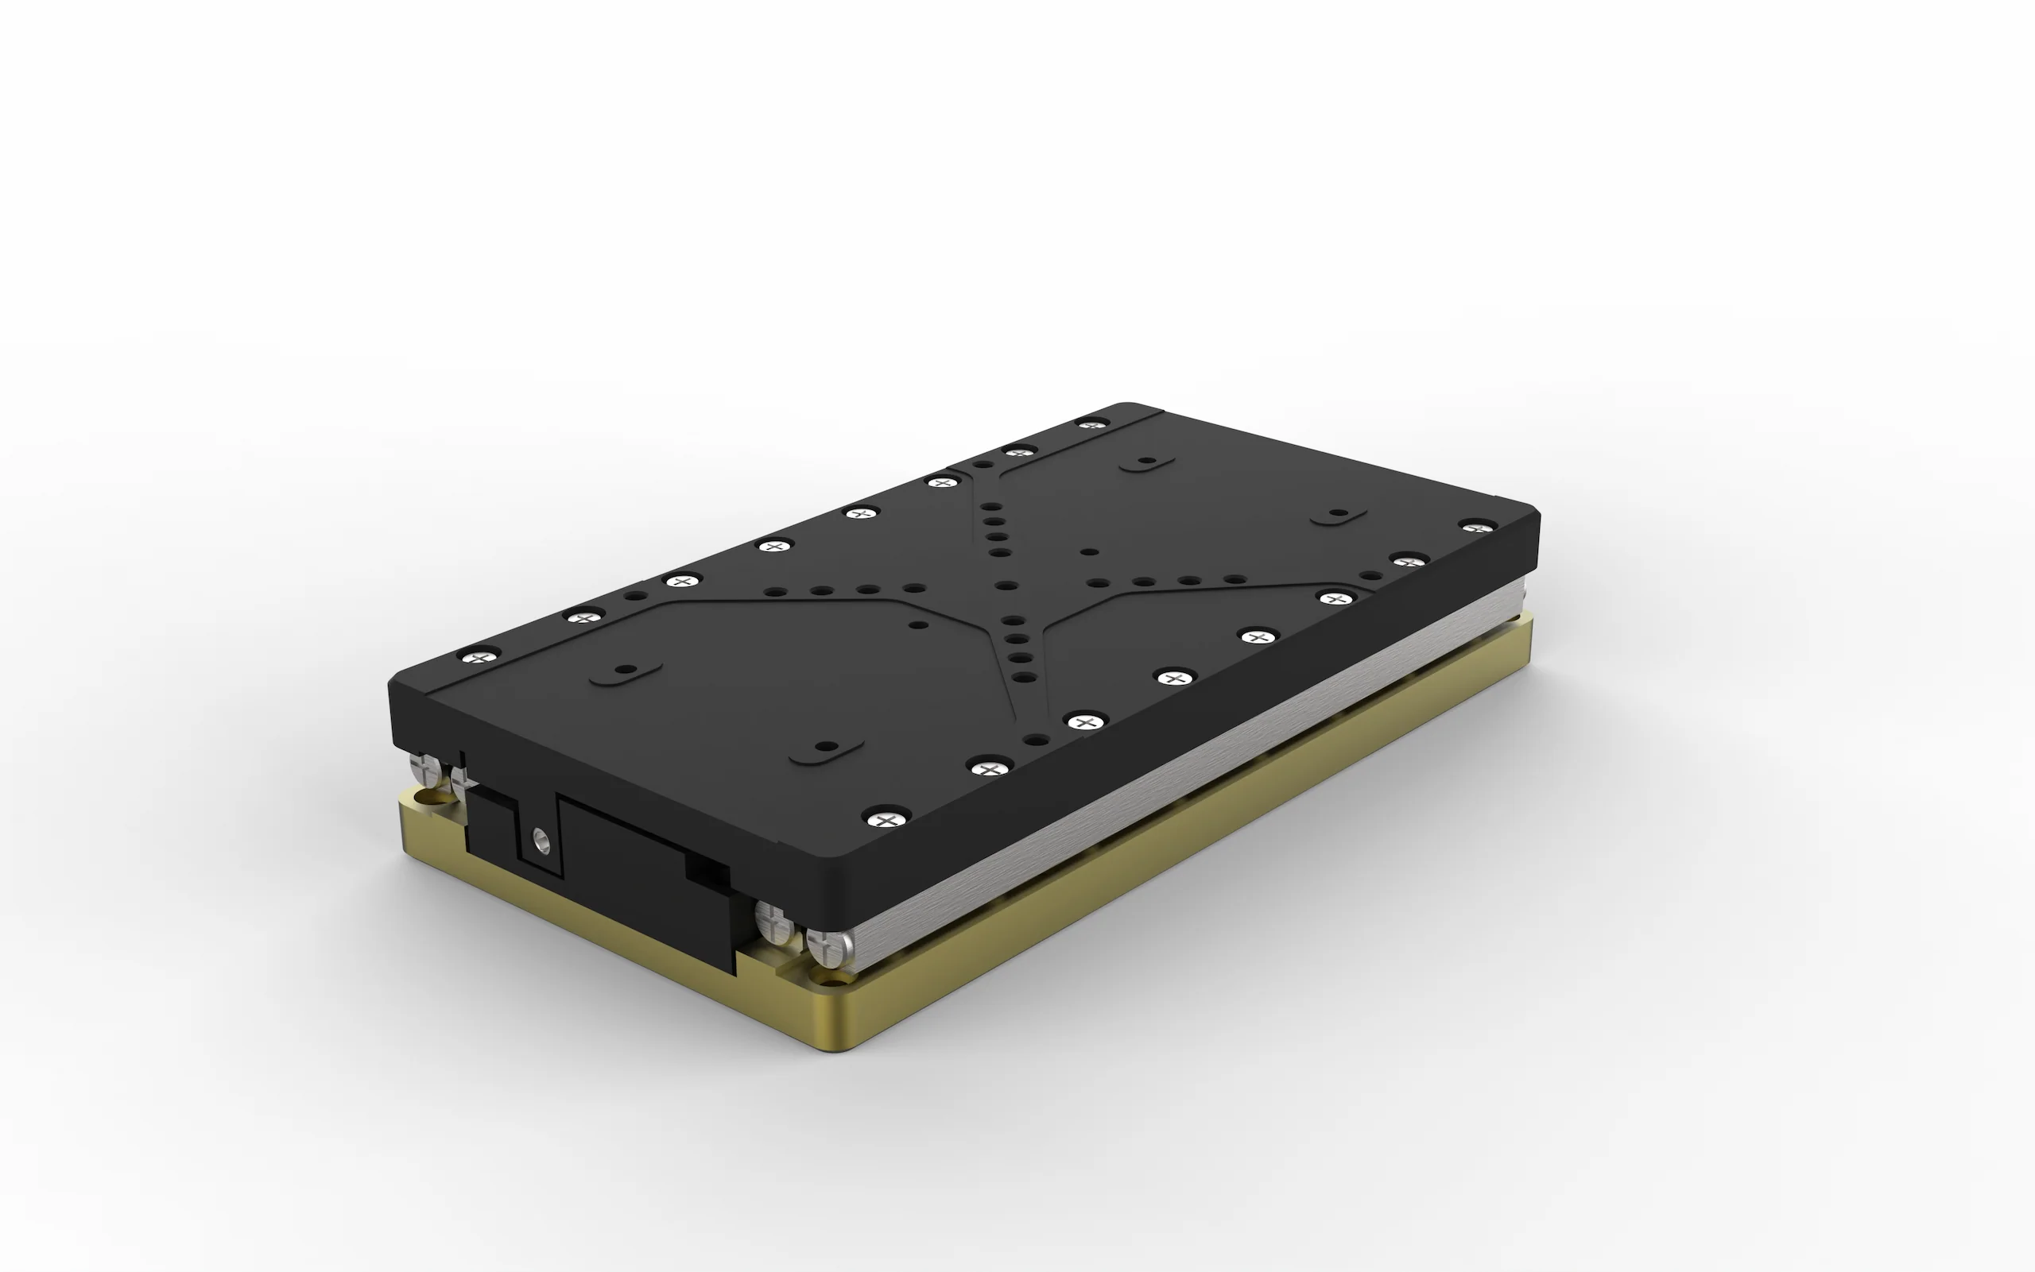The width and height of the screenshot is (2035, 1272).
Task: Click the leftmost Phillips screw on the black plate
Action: [479, 655]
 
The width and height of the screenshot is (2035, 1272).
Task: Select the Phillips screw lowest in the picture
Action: [885, 818]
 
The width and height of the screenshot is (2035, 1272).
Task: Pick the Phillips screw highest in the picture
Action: [1091, 424]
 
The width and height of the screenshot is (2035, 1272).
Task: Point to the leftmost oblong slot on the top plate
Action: [626, 671]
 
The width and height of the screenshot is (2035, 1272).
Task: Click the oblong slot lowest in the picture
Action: [827, 747]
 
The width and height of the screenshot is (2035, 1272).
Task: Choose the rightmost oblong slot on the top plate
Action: [1339, 513]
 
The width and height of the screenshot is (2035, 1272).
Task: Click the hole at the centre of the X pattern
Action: [1006, 586]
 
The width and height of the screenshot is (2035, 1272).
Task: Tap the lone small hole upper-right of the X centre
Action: [1089, 553]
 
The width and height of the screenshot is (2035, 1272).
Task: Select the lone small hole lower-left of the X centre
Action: [919, 625]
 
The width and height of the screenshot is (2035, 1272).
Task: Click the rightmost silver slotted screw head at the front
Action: [828, 945]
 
